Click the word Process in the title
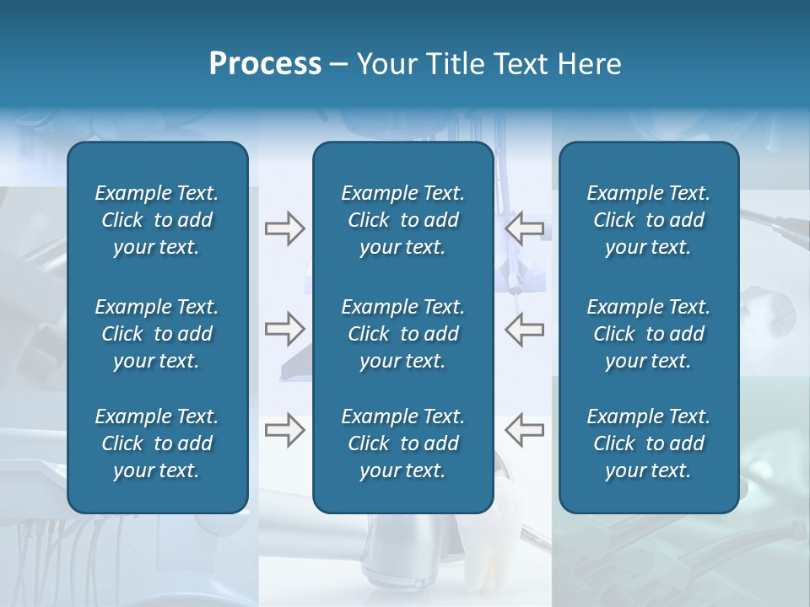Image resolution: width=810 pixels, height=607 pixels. coord(265,64)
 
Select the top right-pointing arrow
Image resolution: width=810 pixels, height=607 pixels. coord(284,228)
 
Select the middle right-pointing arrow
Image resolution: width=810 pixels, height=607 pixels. coord(284,329)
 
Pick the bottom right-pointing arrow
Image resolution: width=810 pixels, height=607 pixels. coord(284,430)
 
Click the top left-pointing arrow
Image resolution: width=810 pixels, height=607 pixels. coord(524,228)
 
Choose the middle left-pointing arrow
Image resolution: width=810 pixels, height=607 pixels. coord(524,329)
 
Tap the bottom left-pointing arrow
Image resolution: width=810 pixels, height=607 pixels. coord(524,430)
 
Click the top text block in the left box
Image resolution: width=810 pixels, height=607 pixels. coord(157,220)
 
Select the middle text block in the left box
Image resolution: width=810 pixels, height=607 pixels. coord(157,334)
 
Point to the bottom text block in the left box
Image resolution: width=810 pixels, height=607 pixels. coord(157,443)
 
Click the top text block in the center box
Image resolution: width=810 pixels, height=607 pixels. coord(402,220)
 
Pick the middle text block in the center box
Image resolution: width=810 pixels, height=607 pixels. coord(402,334)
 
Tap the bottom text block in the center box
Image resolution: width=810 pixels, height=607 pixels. coord(402,443)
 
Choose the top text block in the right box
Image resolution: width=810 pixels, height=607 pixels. coord(648,220)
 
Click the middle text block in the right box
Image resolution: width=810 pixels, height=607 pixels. coord(648,334)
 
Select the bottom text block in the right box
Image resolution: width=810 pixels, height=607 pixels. coord(648,443)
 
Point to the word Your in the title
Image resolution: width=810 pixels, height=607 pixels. coord(385,64)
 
